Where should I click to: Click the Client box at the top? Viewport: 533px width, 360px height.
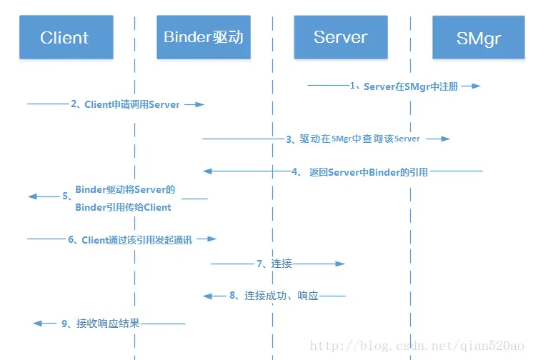tap(64, 37)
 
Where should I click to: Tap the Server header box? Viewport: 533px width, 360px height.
tap(340, 37)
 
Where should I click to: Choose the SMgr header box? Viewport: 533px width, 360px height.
tap(478, 37)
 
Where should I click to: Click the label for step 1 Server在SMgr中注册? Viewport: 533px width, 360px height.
tap(405, 86)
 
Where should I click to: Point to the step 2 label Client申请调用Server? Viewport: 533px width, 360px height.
tap(125, 104)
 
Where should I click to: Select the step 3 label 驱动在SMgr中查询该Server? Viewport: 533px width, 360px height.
tap(353, 139)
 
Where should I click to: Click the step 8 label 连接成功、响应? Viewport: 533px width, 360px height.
tap(273, 295)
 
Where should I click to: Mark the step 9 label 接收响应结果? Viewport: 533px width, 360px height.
tap(100, 324)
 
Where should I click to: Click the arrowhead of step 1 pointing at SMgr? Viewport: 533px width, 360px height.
tap(477, 86)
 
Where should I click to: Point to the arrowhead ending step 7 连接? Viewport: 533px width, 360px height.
tap(341, 264)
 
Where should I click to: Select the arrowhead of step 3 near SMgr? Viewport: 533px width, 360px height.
tap(446, 139)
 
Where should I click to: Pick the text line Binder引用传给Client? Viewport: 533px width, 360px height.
tap(123, 208)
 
